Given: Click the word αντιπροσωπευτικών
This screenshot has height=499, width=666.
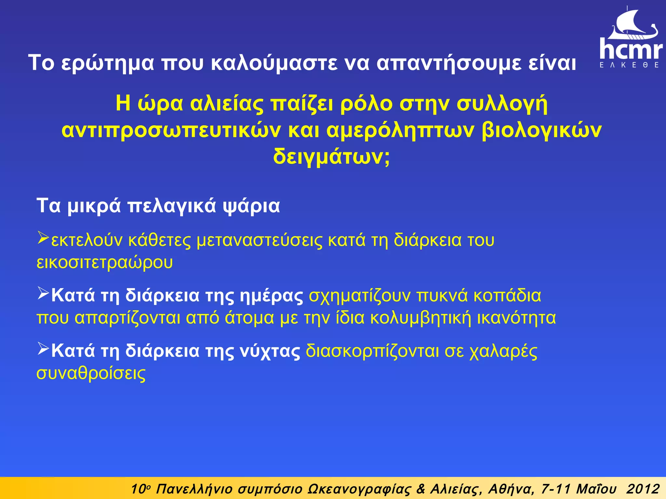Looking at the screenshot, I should (171, 131).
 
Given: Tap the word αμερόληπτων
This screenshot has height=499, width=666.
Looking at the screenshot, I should (400, 131).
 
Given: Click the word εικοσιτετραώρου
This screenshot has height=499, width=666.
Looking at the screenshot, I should (104, 262).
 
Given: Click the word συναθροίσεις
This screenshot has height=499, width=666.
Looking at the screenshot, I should (91, 374).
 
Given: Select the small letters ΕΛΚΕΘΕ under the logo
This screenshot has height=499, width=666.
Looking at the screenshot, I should (629, 65).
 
